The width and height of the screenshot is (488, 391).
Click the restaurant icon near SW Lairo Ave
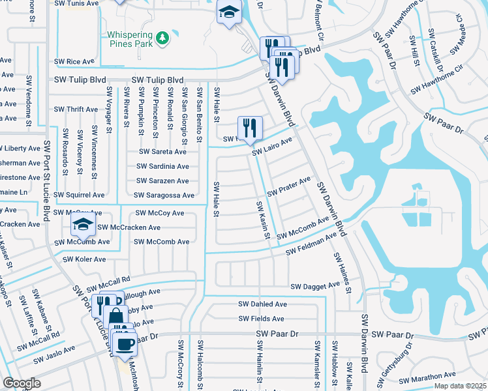249,128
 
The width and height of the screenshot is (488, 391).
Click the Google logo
22,383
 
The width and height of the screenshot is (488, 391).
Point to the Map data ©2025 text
460,386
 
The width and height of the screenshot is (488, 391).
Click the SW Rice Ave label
73,62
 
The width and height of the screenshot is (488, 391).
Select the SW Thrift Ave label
76,109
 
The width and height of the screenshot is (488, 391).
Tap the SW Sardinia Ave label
162,166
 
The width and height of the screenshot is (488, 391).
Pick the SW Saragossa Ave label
164,195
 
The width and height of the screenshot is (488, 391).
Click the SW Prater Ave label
288,187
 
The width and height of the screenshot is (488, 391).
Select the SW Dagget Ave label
315,285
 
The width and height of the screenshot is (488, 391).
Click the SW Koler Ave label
84,259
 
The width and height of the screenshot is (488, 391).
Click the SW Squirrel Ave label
80,195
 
